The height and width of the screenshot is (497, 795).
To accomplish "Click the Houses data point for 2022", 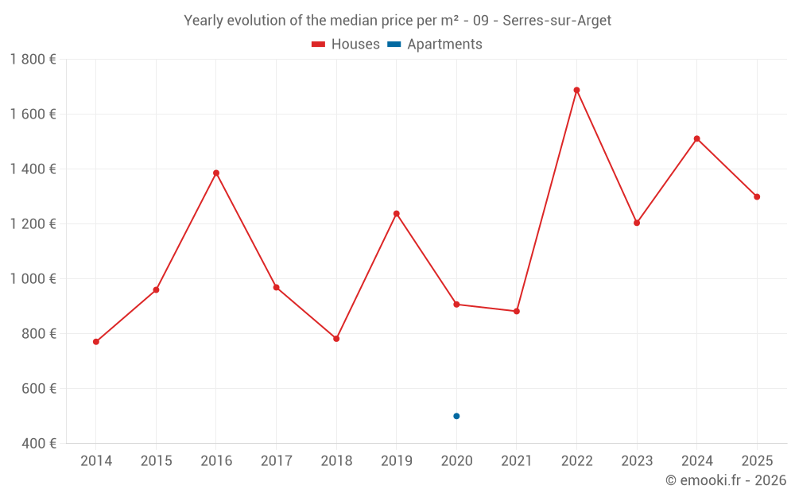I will click(x=576, y=90).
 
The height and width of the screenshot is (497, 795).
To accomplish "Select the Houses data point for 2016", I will click(x=216, y=173).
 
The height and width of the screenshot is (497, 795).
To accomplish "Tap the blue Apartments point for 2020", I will click(x=456, y=416).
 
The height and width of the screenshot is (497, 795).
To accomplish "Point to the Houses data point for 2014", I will click(x=96, y=342).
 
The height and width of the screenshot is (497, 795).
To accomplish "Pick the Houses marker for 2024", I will click(x=696, y=138).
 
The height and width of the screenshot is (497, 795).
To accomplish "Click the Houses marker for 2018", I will click(x=336, y=339).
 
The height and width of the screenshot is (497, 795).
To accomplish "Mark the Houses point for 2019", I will click(x=396, y=213).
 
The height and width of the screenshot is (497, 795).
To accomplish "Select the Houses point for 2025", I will click(x=757, y=196).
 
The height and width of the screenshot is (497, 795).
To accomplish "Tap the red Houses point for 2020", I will click(x=456, y=304).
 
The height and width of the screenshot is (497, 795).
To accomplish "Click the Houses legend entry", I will click(x=346, y=45).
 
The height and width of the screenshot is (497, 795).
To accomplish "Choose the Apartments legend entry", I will click(x=435, y=45).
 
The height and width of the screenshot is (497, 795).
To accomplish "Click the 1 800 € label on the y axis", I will click(x=33, y=59).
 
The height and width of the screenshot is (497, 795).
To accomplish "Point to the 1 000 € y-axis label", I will click(x=33, y=278).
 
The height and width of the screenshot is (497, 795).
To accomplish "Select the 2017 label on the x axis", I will click(x=276, y=461).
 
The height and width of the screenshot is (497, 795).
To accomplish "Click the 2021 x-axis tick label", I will click(x=516, y=461).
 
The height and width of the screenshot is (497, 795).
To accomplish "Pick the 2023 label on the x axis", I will click(x=637, y=461).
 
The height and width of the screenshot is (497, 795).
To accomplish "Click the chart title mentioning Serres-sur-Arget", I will click(x=397, y=21).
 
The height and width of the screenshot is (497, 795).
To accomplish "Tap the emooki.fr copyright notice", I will click(x=725, y=480).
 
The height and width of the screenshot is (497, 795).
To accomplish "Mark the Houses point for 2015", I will click(x=156, y=289).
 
